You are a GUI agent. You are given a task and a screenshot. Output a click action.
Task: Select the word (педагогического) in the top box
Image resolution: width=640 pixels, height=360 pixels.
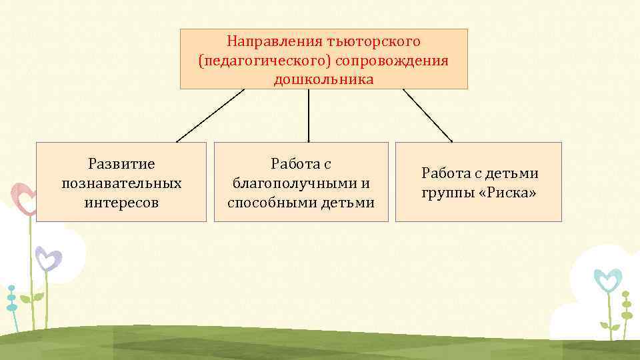pos(265,60)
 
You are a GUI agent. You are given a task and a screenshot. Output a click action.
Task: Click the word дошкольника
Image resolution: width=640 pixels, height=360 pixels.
pos(323,79)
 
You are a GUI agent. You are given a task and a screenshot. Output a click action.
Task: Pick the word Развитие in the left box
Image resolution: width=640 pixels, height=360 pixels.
pos(121,163)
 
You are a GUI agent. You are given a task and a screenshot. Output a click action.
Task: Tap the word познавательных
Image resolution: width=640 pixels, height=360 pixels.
pos(121,182)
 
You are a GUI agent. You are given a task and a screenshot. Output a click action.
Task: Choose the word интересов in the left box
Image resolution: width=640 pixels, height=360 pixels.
pos(121,201)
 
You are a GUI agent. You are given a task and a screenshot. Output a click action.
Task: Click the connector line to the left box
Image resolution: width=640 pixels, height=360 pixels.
pos(210,116)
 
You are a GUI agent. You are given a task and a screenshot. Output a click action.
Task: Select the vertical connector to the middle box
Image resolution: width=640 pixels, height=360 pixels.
pos(308,115)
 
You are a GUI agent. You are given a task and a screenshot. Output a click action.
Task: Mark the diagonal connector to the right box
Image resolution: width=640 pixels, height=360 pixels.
pos(427,115)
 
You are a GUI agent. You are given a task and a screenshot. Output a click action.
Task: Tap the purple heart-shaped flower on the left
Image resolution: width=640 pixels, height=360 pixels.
pos(48,258)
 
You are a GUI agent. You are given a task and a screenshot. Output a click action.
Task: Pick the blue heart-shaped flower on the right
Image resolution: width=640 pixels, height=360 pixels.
pos(607,279)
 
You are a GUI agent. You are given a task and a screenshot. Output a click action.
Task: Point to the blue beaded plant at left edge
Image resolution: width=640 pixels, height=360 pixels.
pos(11,299)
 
